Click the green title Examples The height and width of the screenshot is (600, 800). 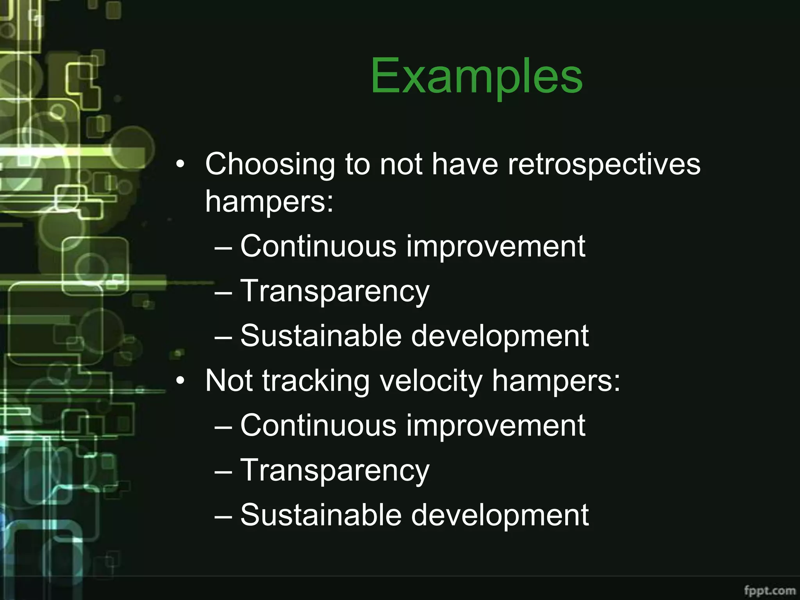click(476, 76)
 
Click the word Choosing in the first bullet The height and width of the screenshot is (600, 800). click(270, 164)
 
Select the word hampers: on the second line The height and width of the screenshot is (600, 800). click(270, 202)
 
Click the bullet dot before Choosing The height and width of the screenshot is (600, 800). click(180, 164)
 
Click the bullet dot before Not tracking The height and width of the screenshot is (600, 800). click(180, 380)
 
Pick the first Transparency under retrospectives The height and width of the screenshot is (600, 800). click(335, 291)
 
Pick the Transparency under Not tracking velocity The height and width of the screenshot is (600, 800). click(335, 470)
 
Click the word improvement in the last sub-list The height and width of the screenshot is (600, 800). click(496, 425)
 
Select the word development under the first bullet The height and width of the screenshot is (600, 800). click(500, 336)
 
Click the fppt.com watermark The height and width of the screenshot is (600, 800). click(770, 590)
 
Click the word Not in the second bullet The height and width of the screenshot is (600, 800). click(229, 380)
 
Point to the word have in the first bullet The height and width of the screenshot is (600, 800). click(465, 164)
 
